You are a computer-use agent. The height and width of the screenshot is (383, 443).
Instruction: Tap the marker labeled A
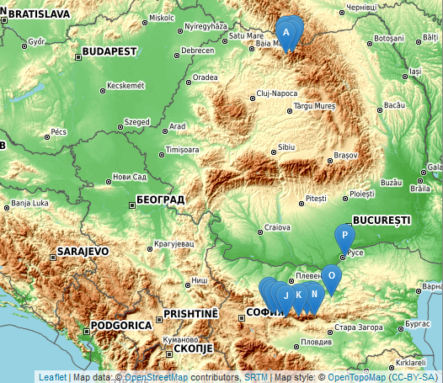click(x=286, y=33)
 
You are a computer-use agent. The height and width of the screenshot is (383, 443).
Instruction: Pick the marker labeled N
click(x=313, y=294)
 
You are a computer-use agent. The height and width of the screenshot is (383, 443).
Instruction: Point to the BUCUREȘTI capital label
click(x=382, y=220)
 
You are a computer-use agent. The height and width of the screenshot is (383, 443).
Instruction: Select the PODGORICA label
click(x=122, y=325)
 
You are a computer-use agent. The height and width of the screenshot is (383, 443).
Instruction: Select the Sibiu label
click(x=287, y=146)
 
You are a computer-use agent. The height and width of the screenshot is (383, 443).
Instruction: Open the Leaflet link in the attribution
click(x=52, y=377)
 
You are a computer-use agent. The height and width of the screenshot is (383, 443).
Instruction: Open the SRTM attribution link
click(x=256, y=377)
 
